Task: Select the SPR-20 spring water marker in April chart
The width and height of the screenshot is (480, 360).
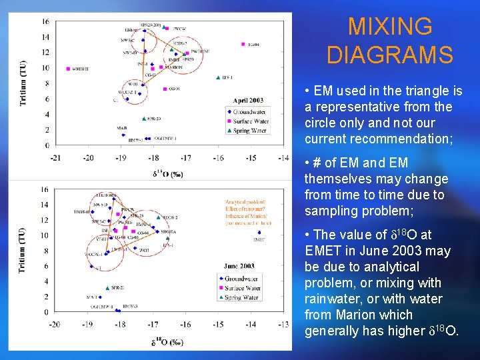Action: pyautogui.click(x=144, y=119)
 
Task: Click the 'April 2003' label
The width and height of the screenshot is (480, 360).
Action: pyautogui.click(x=248, y=101)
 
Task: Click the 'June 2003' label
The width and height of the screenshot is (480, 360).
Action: pyautogui.click(x=241, y=266)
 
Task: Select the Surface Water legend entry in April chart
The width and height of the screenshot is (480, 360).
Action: pyautogui.click(x=250, y=121)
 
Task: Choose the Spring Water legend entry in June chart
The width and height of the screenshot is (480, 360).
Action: pyautogui.click(x=245, y=297)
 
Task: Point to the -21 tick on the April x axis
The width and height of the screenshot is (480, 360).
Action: pyautogui.click(x=55, y=158)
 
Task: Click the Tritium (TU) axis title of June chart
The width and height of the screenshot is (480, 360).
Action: pyautogui.click(x=23, y=249)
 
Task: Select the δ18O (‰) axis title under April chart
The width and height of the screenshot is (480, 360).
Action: pyautogui.click(x=168, y=174)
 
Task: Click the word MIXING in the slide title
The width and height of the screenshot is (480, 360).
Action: pyautogui.click(x=390, y=27)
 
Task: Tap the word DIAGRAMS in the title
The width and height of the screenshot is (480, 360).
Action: pyautogui.click(x=390, y=55)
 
